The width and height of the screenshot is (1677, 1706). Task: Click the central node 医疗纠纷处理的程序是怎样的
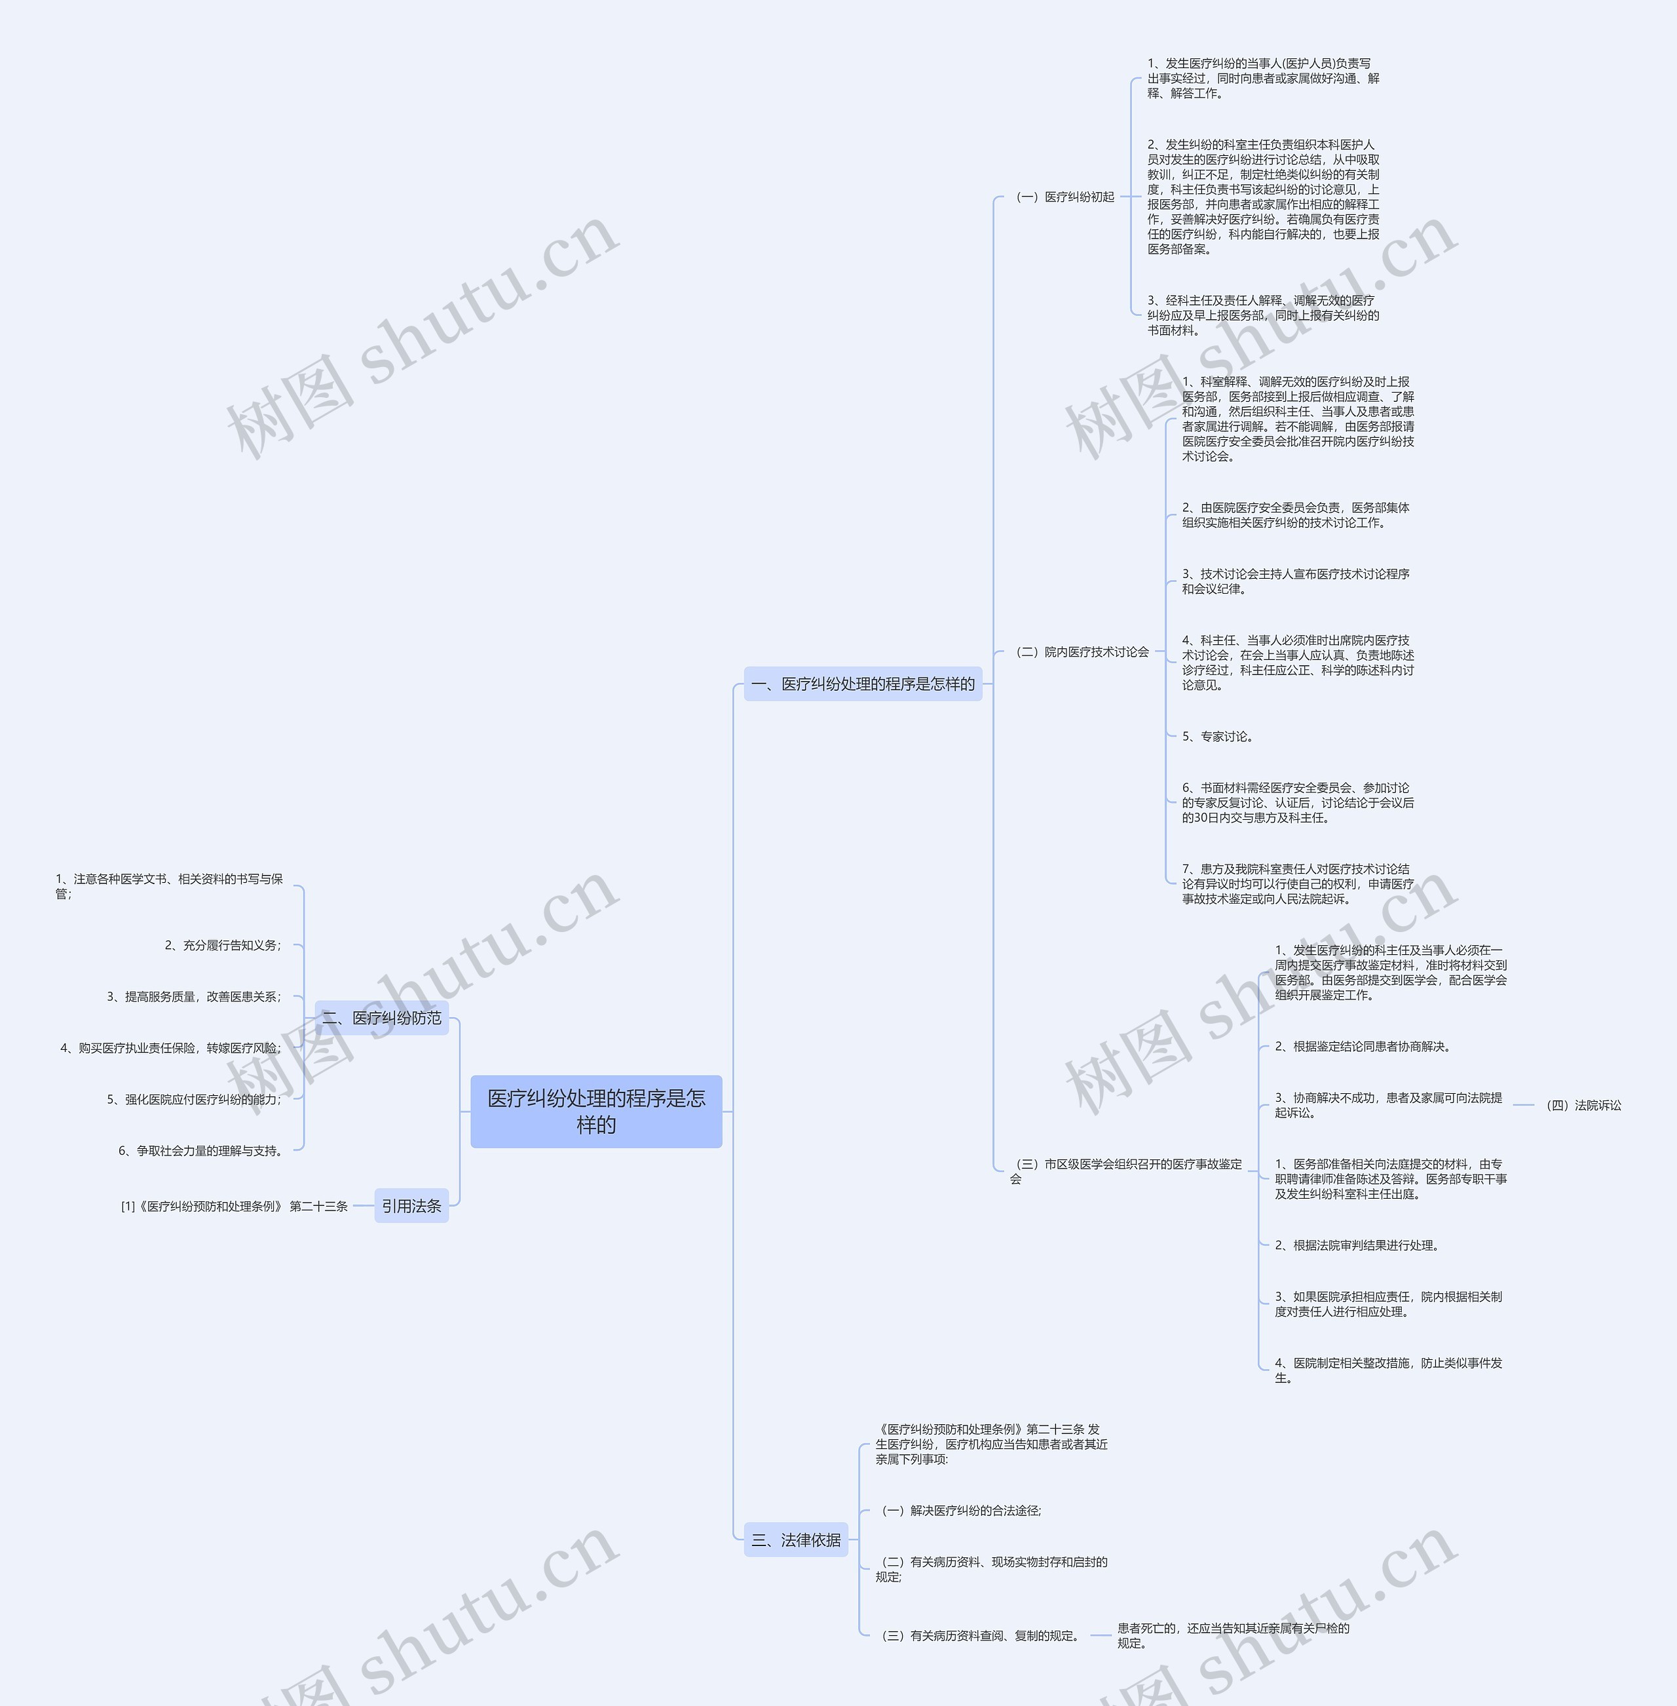point(596,1111)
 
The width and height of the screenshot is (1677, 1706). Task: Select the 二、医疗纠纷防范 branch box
point(381,1018)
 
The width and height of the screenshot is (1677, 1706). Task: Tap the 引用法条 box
point(411,1205)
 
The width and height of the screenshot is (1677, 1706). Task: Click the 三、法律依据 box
point(795,1540)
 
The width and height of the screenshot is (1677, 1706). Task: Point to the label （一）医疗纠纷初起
point(1065,197)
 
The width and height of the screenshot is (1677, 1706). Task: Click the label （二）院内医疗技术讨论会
point(1082,652)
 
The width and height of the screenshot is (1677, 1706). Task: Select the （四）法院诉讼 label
point(1583,1105)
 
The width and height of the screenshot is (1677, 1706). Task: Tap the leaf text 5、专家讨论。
point(1217,737)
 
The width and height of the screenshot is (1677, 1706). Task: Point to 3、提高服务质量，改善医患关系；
point(194,997)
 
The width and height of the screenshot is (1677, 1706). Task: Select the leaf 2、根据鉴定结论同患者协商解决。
point(1363,1047)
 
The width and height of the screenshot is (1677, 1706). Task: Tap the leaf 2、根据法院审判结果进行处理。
point(1357,1245)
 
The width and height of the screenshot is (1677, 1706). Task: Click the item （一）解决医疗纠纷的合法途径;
point(961,1511)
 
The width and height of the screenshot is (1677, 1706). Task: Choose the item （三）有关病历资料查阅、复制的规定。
point(980,1635)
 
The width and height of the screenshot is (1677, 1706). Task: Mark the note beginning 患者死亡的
point(1233,1635)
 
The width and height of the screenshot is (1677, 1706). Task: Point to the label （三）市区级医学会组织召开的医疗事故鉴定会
point(1127,1171)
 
